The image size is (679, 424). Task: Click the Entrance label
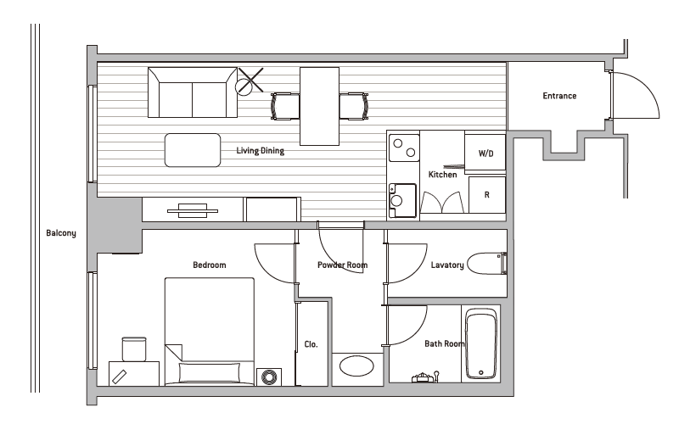coord(559,96)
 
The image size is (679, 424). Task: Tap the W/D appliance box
coord(485,153)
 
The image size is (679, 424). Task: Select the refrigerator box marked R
coord(487,195)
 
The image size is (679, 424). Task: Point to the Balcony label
coord(61,232)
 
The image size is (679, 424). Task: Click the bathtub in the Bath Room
coord(480,344)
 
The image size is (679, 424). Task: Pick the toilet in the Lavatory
coord(487,264)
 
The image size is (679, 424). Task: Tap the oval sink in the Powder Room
coord(356,366)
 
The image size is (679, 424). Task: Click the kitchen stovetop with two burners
coord(404,148)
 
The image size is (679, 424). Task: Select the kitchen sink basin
coord(402,200)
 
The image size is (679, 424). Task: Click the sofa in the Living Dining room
coord(193,92)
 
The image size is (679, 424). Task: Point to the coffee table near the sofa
coord(193,150)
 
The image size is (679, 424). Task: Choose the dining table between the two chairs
coord(320,106)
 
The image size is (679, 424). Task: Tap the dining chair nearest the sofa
coord(285,106)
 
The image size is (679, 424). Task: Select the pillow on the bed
coord(209,372)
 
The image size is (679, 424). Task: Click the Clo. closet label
coord(311,344)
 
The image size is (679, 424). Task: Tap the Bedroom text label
coord(210,265)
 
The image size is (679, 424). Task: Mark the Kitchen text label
coord(442,175)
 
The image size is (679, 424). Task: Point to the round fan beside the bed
coord(269,377)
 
